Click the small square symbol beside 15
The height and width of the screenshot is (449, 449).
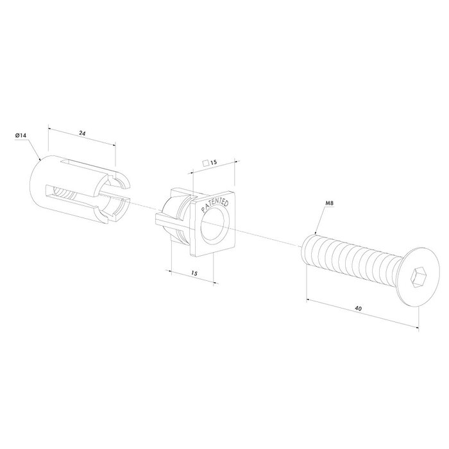pos(205,164)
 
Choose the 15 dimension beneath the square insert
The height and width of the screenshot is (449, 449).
pos(194,274)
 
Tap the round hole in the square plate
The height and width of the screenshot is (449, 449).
pos(214,226)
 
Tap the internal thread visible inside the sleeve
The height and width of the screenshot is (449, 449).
pos(64,192)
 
